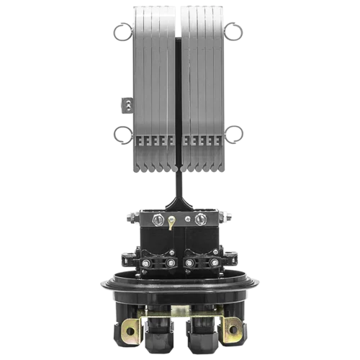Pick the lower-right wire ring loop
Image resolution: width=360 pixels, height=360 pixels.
pos(233,135)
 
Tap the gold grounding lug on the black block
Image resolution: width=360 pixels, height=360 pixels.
pos(171,223)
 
